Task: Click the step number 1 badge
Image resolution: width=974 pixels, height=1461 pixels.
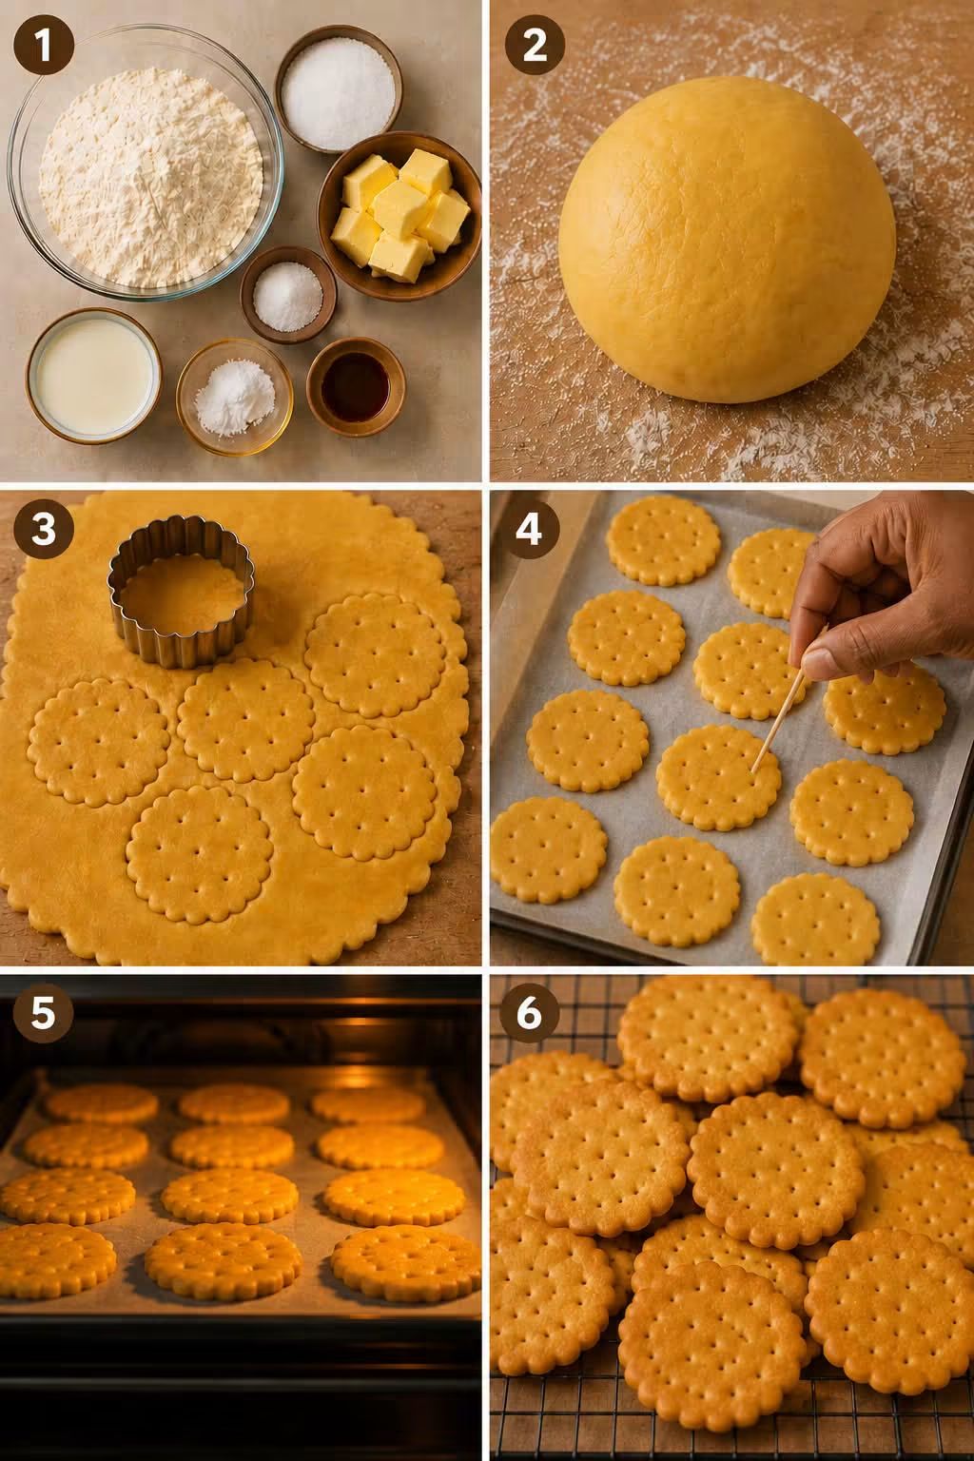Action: coord(44,45)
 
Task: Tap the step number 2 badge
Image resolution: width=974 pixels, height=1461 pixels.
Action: coord(535,45)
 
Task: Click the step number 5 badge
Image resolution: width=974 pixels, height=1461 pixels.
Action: coord(44,1012)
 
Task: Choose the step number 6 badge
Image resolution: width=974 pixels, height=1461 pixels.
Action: coord(529,1012)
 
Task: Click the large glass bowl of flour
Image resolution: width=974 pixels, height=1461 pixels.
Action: coord(146,163)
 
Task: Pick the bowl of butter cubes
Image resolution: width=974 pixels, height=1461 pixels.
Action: coord(399,216)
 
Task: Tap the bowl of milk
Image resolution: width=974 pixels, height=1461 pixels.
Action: coord(93,375)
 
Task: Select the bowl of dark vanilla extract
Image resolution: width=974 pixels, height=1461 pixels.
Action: coord(356,387)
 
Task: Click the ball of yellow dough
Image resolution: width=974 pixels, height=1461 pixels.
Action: coord(727,240)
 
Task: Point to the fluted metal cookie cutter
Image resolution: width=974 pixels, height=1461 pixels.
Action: coord(181,591)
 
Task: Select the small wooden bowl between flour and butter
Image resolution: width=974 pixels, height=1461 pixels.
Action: coord(287,294)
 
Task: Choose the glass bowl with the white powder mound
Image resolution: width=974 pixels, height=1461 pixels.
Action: coord(235,397)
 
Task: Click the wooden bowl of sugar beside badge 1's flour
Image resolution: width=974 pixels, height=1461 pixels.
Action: coord(339,89)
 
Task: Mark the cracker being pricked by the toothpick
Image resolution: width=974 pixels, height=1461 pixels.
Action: coord(718,777)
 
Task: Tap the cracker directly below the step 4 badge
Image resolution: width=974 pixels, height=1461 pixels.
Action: coord(626,638)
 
